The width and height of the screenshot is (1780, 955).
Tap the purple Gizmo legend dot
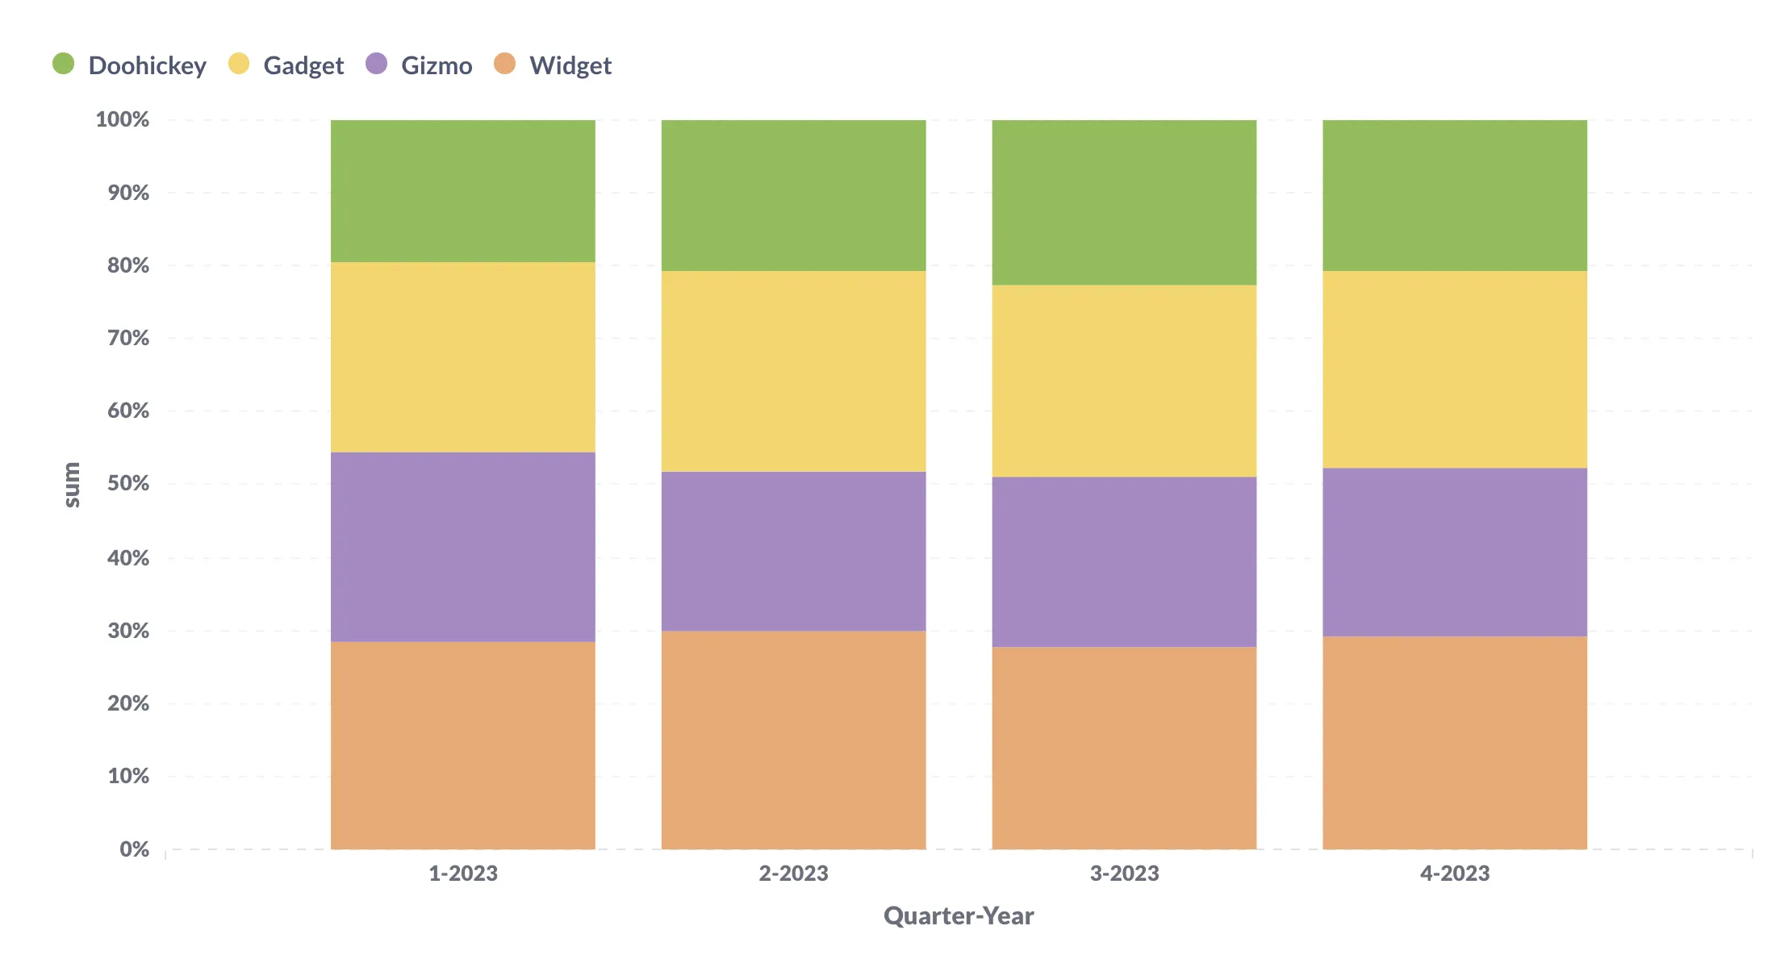376,64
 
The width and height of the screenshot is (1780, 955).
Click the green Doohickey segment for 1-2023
462,191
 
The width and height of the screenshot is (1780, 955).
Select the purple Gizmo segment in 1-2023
462,547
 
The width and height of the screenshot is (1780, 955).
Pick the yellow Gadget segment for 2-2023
793,371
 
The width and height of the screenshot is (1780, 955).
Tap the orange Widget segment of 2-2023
793,740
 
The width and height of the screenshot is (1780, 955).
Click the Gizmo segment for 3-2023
1124,561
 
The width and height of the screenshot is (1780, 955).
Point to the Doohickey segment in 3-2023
1124,202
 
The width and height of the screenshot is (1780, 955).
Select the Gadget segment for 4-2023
1454,369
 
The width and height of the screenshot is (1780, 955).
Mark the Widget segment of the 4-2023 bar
1454,742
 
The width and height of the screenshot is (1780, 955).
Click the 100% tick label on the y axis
123,119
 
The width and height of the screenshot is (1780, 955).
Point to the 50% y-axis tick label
128,483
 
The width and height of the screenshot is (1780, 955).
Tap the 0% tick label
134,849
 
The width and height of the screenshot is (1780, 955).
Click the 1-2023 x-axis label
462,873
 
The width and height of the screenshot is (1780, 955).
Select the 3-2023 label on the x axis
1124,873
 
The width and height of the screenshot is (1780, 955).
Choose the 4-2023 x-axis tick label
1454,873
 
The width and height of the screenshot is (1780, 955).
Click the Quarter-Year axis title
958,915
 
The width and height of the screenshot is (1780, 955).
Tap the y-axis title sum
72,484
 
